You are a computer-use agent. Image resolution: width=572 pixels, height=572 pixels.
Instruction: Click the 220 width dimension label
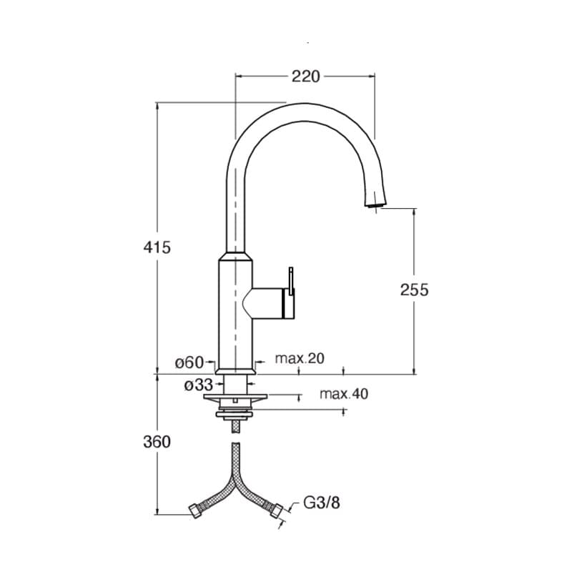305,77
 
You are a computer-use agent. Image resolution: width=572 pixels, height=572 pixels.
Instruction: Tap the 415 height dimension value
157,247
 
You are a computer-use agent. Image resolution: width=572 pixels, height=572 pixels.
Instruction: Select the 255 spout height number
415,290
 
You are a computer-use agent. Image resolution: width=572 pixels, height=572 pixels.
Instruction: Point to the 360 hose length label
157,442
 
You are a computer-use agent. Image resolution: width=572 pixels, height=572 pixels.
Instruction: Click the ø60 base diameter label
189,363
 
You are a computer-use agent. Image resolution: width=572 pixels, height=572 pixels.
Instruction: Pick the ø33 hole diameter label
198,385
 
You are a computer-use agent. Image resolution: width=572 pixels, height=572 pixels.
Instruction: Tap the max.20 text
300,358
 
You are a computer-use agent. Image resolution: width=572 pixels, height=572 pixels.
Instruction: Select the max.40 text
344,394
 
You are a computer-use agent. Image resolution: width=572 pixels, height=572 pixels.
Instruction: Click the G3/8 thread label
321,503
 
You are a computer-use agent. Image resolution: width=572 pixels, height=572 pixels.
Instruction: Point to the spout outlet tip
375,206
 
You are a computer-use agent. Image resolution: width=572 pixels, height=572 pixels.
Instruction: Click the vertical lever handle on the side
291,281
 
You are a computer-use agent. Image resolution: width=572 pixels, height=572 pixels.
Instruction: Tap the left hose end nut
196,511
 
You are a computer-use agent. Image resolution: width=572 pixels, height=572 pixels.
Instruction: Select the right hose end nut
276,511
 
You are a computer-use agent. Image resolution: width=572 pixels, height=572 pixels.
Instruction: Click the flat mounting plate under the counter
236,397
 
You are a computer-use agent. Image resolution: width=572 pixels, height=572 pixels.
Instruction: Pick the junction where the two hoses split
236,477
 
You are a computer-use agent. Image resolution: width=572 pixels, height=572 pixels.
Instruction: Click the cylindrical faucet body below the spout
235,314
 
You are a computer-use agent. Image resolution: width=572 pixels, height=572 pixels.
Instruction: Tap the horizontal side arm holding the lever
268,303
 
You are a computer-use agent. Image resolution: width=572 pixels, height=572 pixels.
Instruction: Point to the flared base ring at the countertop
236,371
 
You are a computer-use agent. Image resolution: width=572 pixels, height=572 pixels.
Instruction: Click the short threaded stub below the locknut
236,426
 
